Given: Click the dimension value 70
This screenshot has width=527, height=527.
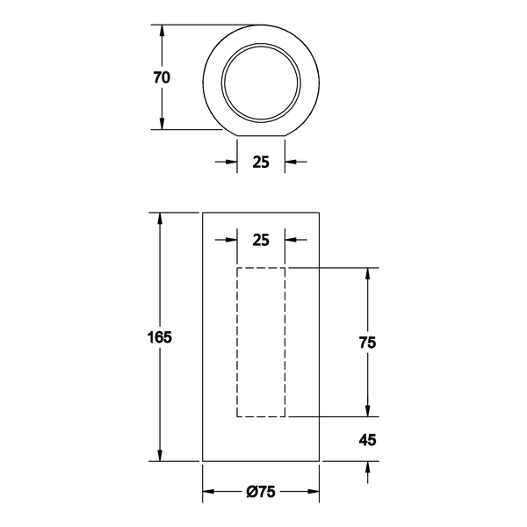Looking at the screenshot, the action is (162, 77).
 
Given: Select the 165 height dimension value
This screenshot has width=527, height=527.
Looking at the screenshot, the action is (160, 337).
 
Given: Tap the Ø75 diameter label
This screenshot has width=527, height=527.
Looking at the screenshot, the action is (261, 492).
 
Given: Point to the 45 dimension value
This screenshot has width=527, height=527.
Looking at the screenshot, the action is (367, 440).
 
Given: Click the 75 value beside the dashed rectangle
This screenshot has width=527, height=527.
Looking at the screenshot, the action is (367, 343).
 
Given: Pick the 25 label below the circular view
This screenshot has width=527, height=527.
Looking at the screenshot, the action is (261, 162).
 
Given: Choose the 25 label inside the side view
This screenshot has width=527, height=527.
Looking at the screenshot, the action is (261, 240).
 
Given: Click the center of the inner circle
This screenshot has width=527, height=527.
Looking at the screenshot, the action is (261, 83).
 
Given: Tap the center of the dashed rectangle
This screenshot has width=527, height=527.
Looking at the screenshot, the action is (261, 343).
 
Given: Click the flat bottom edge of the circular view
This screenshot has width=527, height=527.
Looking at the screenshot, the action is (261, 136).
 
